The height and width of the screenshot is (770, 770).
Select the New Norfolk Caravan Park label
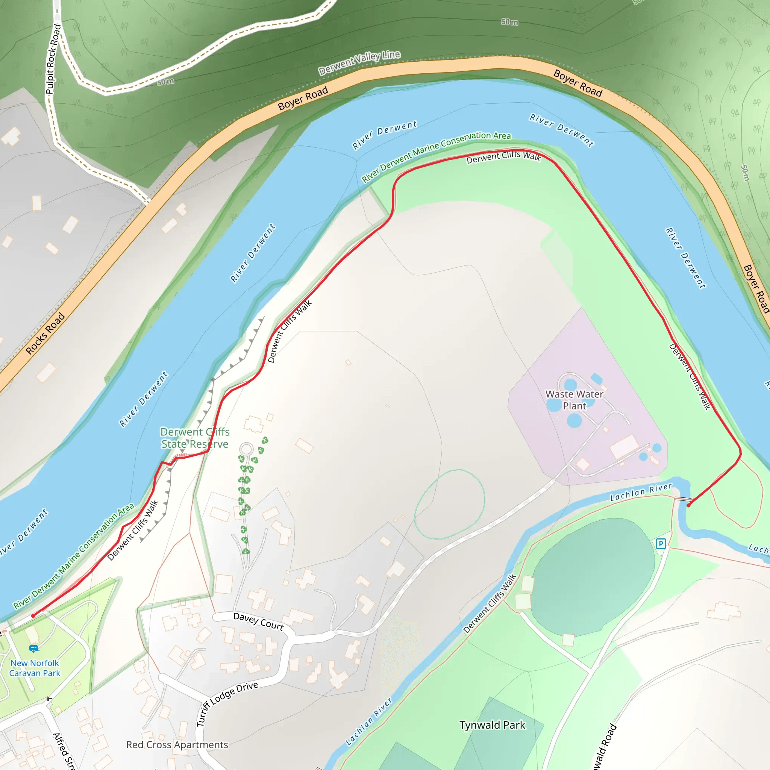pos(35,668)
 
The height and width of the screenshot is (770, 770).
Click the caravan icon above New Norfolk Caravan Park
pos(34,649)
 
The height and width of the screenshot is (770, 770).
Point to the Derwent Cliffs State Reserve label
pos(195,438)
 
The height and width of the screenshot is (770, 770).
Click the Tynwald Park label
pos(492,725)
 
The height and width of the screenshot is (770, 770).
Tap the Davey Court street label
pos(258,621)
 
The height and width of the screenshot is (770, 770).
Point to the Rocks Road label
pos(45,333)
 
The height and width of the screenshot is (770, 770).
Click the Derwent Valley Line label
pos(359,62)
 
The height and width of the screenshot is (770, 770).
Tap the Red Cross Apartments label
pos(177,744)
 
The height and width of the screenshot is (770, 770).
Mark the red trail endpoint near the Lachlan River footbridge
pos(689,505)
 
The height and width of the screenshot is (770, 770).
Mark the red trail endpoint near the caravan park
pos(33,616)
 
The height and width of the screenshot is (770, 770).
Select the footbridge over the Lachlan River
pos(682,499)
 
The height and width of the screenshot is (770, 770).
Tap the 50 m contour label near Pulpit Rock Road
pos(165,82)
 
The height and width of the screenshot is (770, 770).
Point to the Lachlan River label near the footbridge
pos(641,492)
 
